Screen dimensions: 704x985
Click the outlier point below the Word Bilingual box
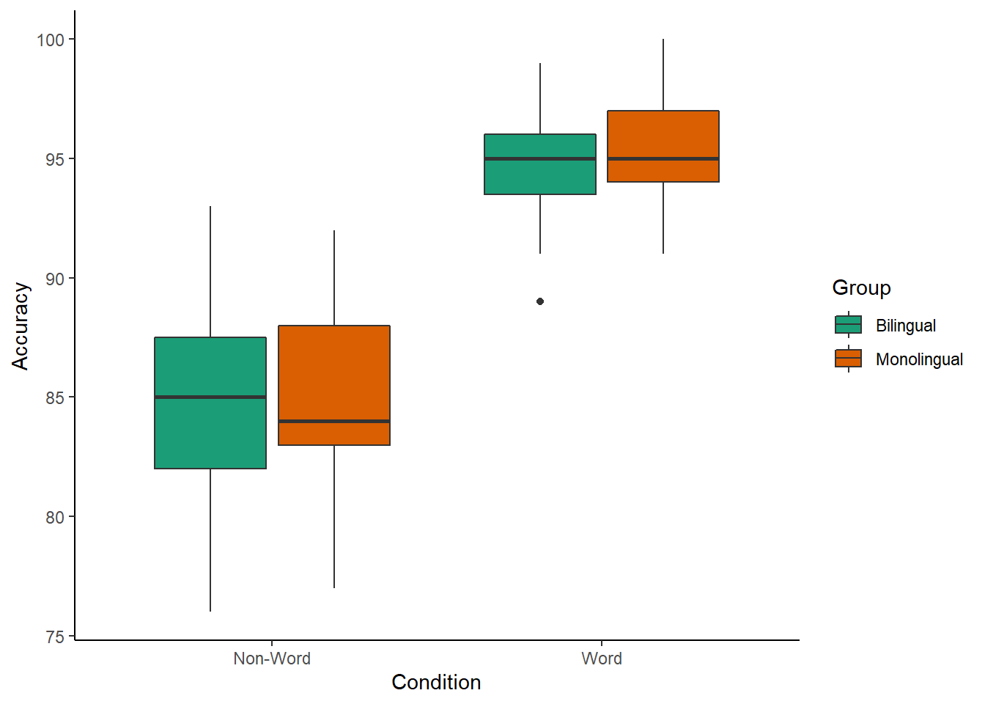coord(540,301)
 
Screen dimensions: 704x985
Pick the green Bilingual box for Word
coord(540,176)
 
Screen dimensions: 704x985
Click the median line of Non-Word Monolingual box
coord(334,421)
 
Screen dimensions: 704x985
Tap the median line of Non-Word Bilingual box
coord(210,397)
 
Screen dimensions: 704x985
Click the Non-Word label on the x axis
coord(272,659)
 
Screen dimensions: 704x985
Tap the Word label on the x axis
coord(602,659)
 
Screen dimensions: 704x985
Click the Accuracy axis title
coord(21,326)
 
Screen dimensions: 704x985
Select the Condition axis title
coord(436,682)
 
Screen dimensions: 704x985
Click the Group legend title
coord(861,287)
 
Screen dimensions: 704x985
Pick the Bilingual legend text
coord(905,326)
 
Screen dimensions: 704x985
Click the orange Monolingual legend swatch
coord(848,359)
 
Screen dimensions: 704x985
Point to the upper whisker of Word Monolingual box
coord(663,73)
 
